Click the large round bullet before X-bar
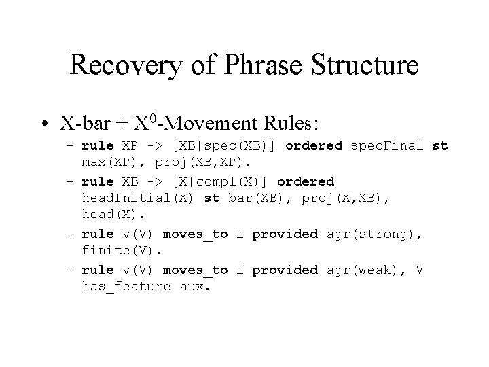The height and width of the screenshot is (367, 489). pyautogui.click(x=45, y=125)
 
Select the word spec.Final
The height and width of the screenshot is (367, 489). pyautogui.click(x=387, y=146)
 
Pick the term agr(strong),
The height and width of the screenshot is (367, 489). pyautogui.click(x=374, y=234)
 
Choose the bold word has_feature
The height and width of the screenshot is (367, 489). pyautogui.click(x=126, y=286)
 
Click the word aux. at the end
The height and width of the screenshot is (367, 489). pyautogui.click(x=196, y=286)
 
